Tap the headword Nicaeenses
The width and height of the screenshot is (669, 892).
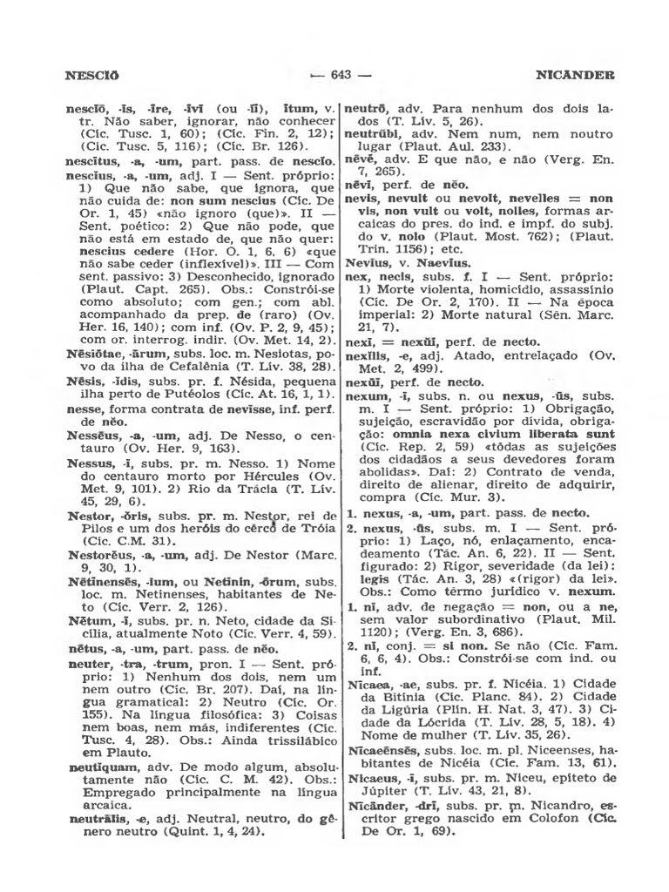[382, 751]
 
